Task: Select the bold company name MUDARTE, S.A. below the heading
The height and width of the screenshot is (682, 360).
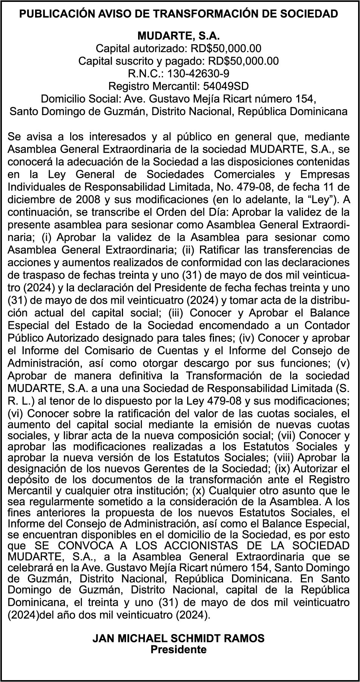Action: pos(178,36)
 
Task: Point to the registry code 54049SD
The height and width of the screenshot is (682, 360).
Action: pos(226,86)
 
